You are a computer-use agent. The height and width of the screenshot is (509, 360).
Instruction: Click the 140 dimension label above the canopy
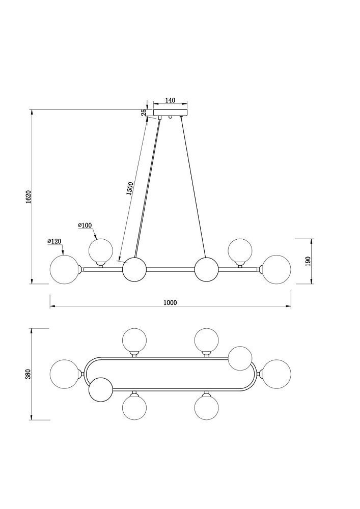click(x=170, y=100)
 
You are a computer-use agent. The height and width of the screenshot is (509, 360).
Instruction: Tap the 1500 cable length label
click(x=129, y=189)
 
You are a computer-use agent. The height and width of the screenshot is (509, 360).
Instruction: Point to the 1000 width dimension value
click(x=170, y=302)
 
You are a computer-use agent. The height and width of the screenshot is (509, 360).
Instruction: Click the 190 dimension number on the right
click(x=308, y=261)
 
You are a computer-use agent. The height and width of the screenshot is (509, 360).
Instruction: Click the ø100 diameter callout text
click(x=85, y=225)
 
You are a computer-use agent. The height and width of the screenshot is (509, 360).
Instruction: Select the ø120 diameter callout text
click(x=54, y=241)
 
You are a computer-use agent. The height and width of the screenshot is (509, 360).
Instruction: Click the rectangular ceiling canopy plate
click(x=171, y=113)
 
